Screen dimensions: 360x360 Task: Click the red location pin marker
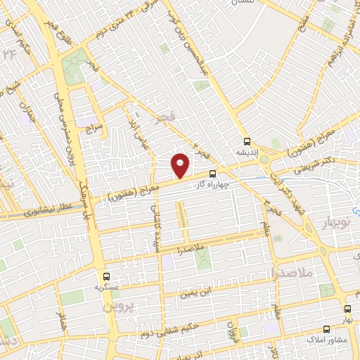pyautogui.click(x=181, y=165)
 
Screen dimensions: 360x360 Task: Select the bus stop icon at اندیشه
pyautogui.click(x=246, y=140)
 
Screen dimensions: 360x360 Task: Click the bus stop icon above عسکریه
pyautogui.click(x=106, y=276)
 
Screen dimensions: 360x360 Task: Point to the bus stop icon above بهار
pyautogui.click(x=347, y=309)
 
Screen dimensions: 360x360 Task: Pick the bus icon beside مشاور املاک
pyautogui.click(x=326, y=328)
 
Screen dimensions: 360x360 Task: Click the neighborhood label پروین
pyautogui.click(x=117, y=307)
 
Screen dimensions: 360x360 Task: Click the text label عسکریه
pyautogui.click(x=106, y=288)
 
